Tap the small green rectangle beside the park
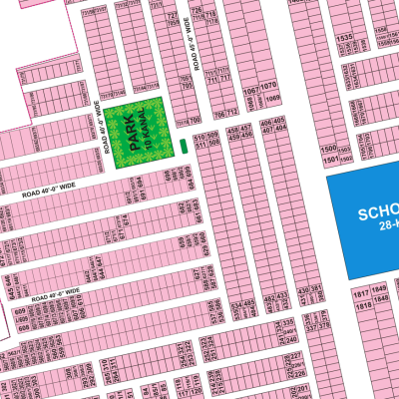[x=184, y=148]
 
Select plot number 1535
[x=345, y=39]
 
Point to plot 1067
[x=252, y=89]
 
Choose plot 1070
[x=269, y=89]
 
